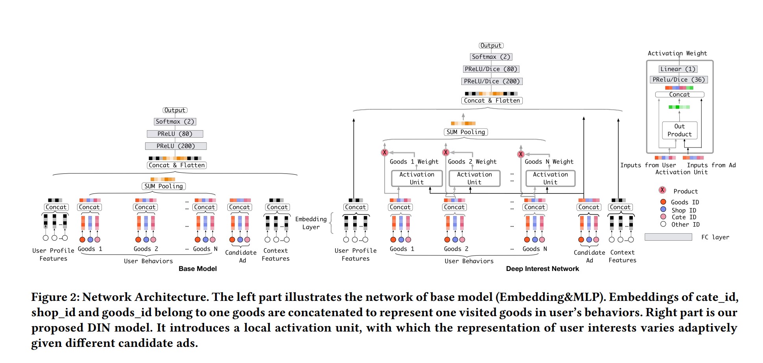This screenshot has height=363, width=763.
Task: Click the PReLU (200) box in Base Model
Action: (x=176, y=146)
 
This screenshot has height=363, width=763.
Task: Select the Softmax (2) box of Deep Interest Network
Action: (x=491, y=57)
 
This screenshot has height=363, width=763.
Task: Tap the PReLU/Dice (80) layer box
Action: (x=491, y=69)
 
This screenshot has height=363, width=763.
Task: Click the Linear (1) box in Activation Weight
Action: (x=678, y=69)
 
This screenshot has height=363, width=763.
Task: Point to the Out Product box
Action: (x=680, y=131)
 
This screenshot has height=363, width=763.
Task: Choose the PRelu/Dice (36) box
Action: (x=678, y=80)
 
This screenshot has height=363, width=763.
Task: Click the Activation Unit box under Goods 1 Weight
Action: (x=417, y=178)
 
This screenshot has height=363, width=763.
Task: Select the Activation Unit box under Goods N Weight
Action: (x=550, y=178)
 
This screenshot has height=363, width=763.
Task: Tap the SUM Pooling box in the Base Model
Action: (x=164, y=186)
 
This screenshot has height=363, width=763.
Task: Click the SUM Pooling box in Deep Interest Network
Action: (x=466, y=132)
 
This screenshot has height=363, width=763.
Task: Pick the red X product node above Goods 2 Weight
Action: (x=446, y=153)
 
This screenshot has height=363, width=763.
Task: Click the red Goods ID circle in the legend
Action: (x=663, y=202)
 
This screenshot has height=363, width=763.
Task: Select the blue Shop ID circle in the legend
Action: (x=663, y=209)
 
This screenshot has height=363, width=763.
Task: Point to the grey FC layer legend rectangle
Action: (x=668, y=237)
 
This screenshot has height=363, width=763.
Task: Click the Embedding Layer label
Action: (x=311, y=223)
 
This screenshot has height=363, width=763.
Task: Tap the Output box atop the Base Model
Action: (x=175, y=110)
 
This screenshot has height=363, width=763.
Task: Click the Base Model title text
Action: (x=197, y=269)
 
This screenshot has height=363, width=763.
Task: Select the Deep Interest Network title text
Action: (x=542, y=269)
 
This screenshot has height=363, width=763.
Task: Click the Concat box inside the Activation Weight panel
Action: (x=680, y=95)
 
